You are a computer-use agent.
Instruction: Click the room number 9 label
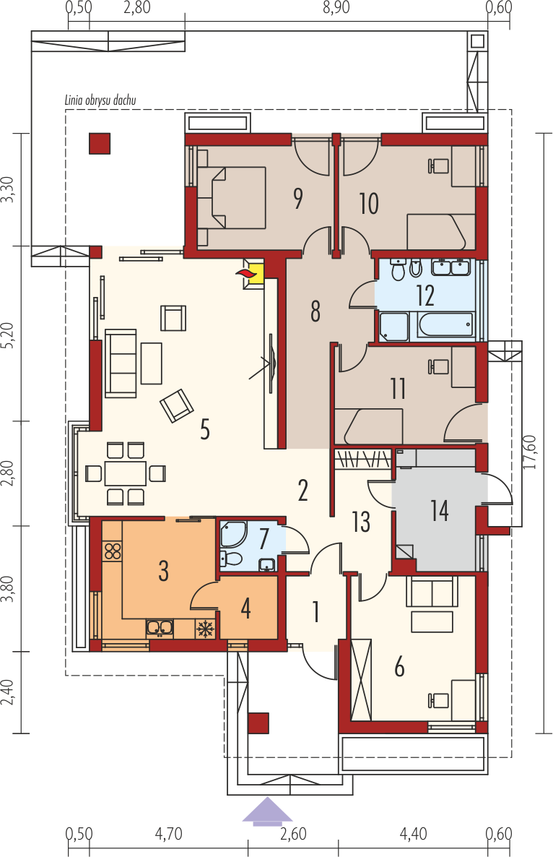(x=298, y=199)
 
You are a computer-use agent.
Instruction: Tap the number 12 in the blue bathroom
(x=425, y=296)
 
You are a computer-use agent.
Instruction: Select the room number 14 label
(x=440, y=510)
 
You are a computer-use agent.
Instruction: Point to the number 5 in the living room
(x=205, y=430)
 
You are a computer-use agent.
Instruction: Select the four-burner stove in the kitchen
(x=113, y=551)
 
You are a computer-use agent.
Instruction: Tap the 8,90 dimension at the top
(x=336, y=8)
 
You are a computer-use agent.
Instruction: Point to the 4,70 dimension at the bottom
(x=169, y=835)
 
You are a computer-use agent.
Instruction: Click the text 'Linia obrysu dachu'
(x=100, y=100)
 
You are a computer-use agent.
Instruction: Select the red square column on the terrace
(x=100, y=143)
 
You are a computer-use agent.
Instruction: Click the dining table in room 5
(x=126, y=473)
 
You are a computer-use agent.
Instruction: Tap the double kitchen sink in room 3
(x=160, y=628)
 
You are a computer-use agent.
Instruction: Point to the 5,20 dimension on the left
(x=7, y=334)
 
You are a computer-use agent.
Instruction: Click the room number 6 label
(x=400, y=668)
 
